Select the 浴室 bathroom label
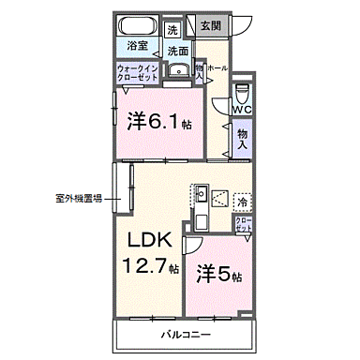point(138,44)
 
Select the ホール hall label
point(217,68)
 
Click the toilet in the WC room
point(242,92)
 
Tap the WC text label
point(242,111)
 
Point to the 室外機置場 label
point(79,198)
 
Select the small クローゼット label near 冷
point(243,225)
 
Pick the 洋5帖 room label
point(218,277)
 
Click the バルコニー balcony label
point(184,335)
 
